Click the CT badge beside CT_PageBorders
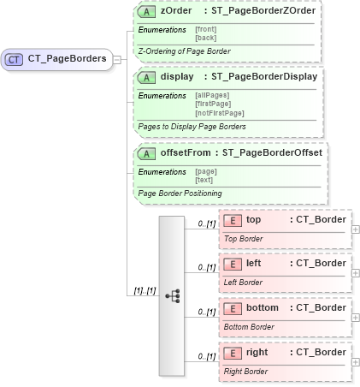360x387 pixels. click(x=15, y=59)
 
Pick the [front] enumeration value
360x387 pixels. click(x=205, y=30)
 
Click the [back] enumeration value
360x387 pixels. click(x=204, y=38)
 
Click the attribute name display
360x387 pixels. click(x=177, y=77)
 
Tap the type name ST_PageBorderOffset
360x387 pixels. click(x=271, y=152)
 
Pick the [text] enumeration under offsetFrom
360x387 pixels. click(x=204, y=179)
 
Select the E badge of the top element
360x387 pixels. click(x=232, y=220)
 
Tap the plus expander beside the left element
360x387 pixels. click(x=355, y=273)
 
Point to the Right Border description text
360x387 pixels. click(x=246, y=371)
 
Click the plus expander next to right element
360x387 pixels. click(x=355, y=362)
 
